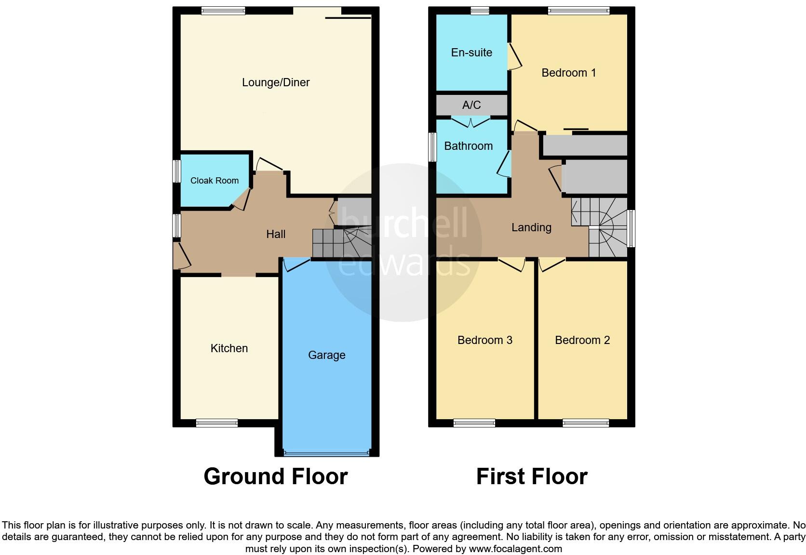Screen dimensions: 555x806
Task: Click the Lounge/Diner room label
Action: click(x=275, y=82)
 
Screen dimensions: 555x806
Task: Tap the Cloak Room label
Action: click(x=215, y=181)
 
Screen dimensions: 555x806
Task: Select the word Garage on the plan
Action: click(x=327, y=355)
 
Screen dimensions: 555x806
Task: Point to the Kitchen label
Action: click(x=229, y=348)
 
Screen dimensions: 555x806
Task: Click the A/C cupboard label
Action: click(x=471, y=105)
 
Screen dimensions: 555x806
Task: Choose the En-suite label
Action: click(x=471, y=53)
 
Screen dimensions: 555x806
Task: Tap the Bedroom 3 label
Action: click(x=484, y=340)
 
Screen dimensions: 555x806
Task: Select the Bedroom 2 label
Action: click(x=582, y=340)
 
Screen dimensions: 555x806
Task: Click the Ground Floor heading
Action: click(x=275, y=476)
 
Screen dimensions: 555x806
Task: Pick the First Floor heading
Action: click(x=532, y=476)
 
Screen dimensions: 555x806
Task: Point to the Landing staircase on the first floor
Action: click(x=600, y=226)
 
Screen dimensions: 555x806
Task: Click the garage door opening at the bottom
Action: click(x=327, y=453)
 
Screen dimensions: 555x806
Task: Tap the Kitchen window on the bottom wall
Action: click(x=216, y=423)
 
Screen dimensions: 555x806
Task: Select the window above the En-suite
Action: click(x=480, y=11)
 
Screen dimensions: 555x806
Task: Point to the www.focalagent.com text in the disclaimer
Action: click(x=515, y=549)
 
